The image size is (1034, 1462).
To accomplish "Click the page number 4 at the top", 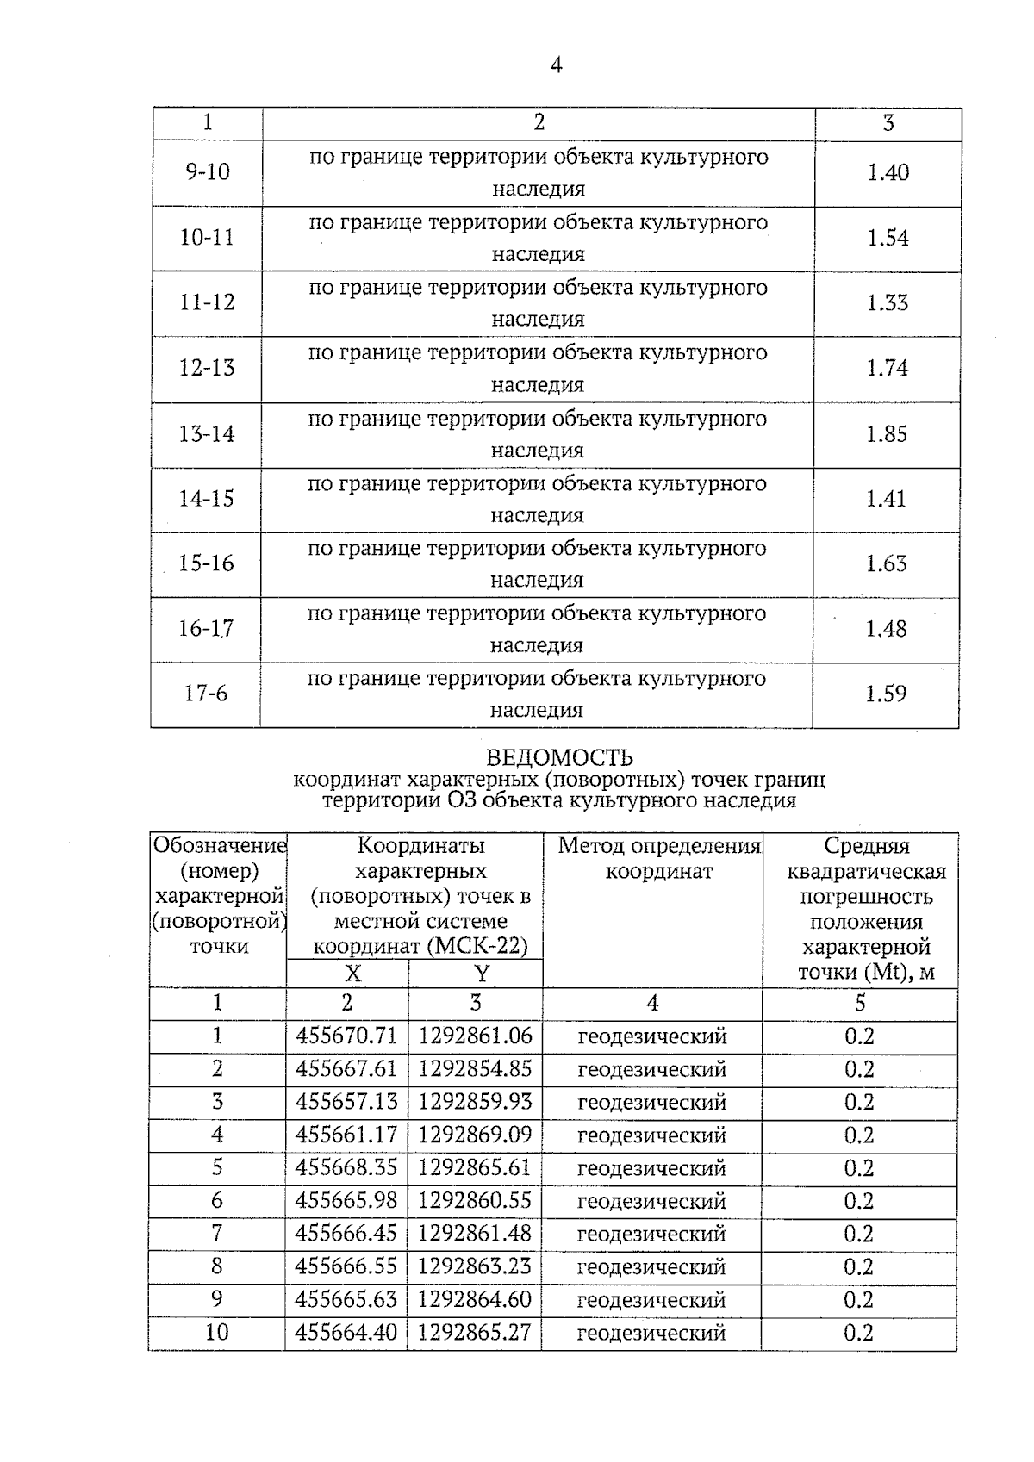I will (x=556, y=65).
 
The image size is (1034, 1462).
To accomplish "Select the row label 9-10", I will (x=208, y=172).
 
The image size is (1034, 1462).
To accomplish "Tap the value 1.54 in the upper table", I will (x=888, y=238).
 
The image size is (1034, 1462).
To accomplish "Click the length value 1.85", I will (x=887, y=433).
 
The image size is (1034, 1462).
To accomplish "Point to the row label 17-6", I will (x=206, y=694).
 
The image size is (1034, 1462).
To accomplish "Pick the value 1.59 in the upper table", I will (x=886, y=694).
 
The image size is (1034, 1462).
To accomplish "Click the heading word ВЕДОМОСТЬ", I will (x=559, y=757).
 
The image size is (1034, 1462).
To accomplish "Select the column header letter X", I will (x=352, y=974).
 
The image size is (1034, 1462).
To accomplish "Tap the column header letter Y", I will (x=481, y=974).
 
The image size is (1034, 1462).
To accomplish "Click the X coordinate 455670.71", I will (x=346, y=1036).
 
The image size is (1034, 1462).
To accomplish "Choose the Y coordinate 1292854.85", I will (x=475, y=1069).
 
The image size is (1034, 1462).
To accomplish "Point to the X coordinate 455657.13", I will (x=346, y=1102).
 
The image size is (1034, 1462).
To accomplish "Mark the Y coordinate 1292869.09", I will (x=475, y=1135).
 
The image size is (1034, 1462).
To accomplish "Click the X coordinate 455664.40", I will (x=346, y=1333).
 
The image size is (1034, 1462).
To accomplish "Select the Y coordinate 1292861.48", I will (x=475, y=1234).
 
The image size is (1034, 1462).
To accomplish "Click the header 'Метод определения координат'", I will (x=659, y=858).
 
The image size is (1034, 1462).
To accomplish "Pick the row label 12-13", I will (x=207, y=368).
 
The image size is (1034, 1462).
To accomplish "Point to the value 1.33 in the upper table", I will (x=888, y=302).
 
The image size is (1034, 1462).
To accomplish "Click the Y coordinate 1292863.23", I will (x=475, y=1266).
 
